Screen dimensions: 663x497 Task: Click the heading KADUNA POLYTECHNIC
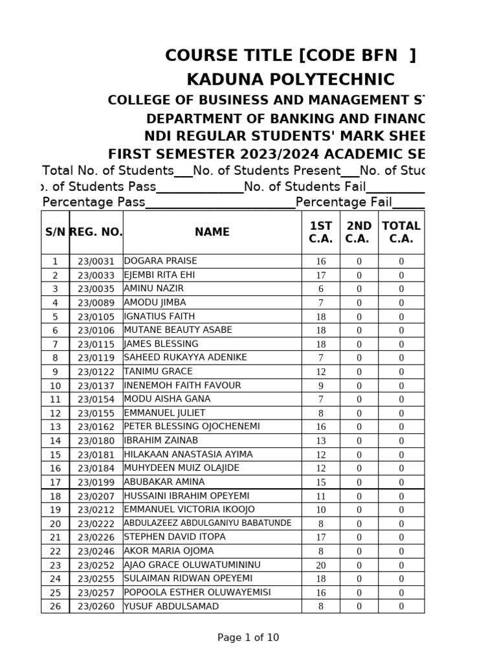291,80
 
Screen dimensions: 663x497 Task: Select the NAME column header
212,232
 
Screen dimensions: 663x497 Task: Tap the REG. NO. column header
96,232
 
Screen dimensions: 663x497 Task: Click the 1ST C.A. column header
321,232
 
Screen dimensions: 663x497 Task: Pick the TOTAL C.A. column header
401,232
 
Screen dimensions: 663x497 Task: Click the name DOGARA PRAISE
160,261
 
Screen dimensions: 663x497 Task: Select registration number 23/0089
96,302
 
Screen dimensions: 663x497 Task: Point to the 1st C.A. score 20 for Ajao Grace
321,565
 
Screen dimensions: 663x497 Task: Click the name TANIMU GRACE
158,372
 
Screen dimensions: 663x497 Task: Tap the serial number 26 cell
55,607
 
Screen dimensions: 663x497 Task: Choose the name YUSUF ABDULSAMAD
171,607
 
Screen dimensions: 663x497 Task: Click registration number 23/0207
96,496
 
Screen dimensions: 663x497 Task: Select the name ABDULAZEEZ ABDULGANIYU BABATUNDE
208,523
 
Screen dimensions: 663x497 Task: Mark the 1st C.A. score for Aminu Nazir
321,289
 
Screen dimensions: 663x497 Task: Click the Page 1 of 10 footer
248,638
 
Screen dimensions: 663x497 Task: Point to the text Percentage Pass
93,202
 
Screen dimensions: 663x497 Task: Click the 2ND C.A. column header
359,232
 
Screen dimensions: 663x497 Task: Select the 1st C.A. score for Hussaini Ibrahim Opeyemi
321,496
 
